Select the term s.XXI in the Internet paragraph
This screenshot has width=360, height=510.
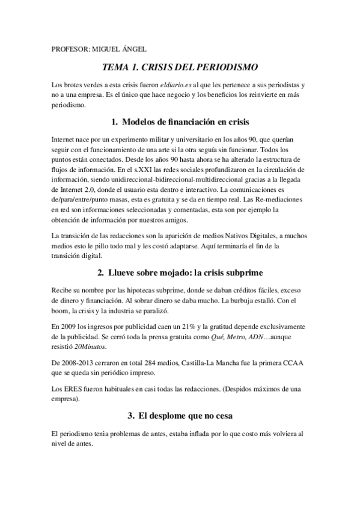click(x=156, y=171)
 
